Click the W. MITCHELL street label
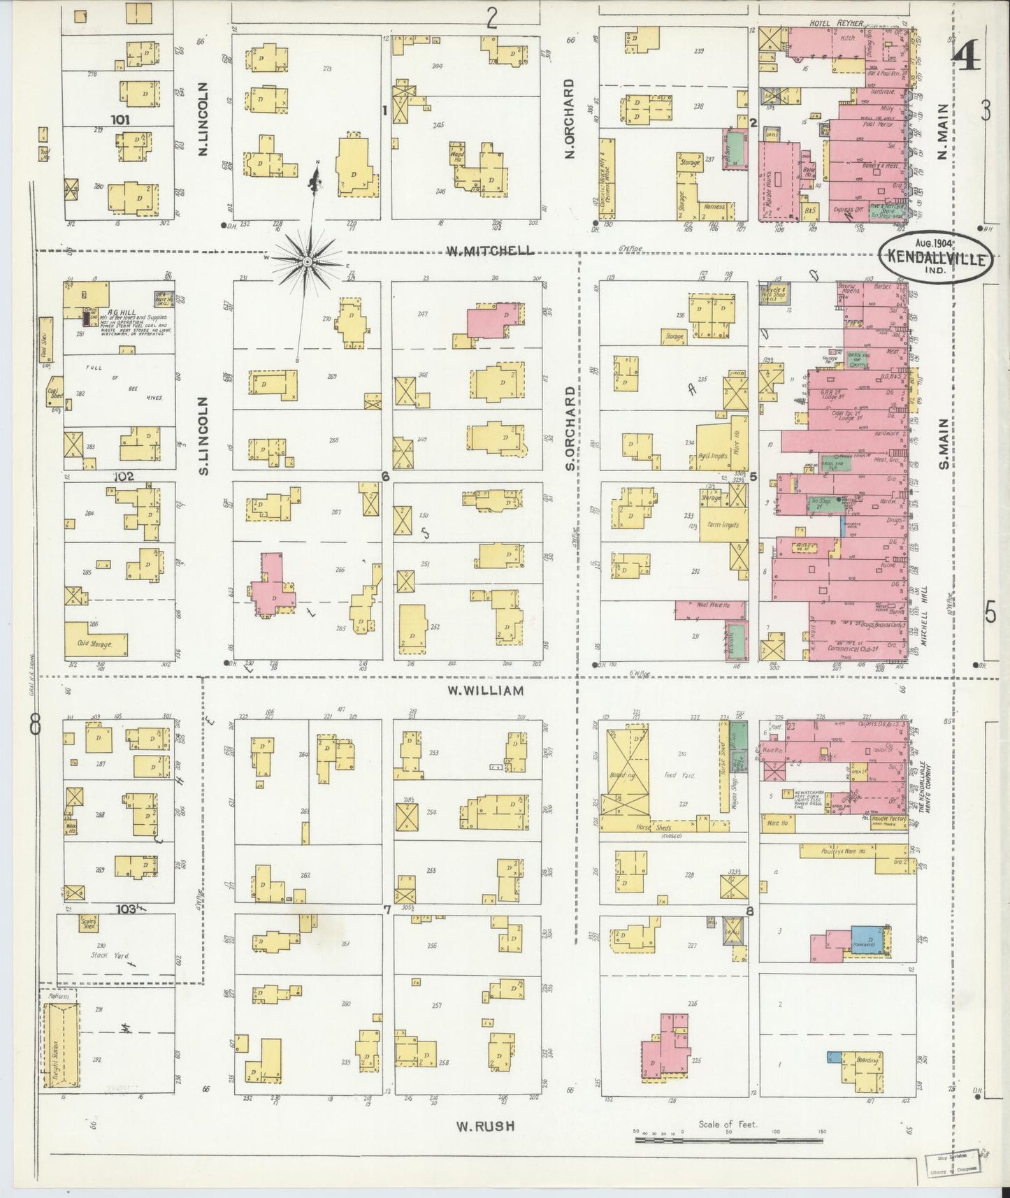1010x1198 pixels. click(489, 250)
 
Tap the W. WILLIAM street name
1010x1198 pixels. click(485, 691)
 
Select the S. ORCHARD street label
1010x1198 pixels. click(570, 428)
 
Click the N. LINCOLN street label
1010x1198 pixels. click(203, 119)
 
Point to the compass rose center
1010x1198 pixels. click(306, 261)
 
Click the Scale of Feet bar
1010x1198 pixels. click(729, 1140)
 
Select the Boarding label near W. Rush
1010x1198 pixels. click(866, 1060)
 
